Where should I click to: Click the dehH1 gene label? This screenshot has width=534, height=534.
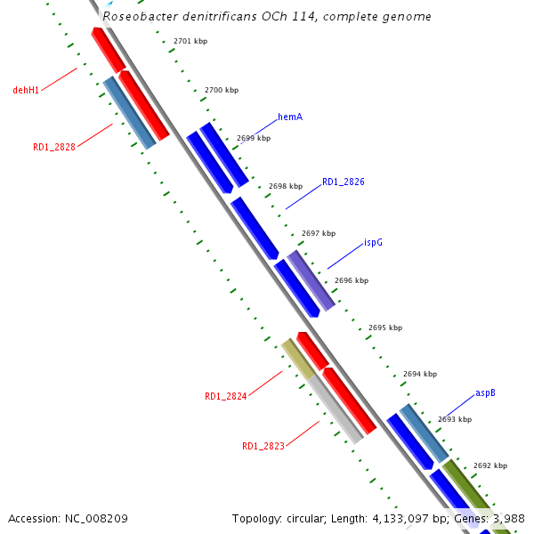(26, 90)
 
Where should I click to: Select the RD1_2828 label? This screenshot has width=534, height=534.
(53, 148)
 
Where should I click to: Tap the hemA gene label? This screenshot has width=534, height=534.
(291, 117)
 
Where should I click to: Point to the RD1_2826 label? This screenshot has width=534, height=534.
(343, 182)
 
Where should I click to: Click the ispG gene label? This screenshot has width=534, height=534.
(373, 242)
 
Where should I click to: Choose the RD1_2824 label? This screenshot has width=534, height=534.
(225, 397)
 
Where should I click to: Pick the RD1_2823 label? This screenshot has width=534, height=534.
(263, 446)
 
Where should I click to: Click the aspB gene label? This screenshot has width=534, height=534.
(485, 392)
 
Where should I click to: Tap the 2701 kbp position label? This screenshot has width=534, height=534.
(190, 42)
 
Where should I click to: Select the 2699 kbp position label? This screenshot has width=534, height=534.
(254, 138)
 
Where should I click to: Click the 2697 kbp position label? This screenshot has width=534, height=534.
(319, 233)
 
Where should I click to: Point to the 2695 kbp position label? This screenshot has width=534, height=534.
(385, 328)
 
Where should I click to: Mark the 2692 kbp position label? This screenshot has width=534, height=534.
(489, 465)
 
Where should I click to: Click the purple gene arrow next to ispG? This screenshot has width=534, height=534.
(311, 280)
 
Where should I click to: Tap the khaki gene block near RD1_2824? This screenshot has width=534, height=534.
(297, 358)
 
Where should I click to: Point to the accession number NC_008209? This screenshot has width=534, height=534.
(96, 518)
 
